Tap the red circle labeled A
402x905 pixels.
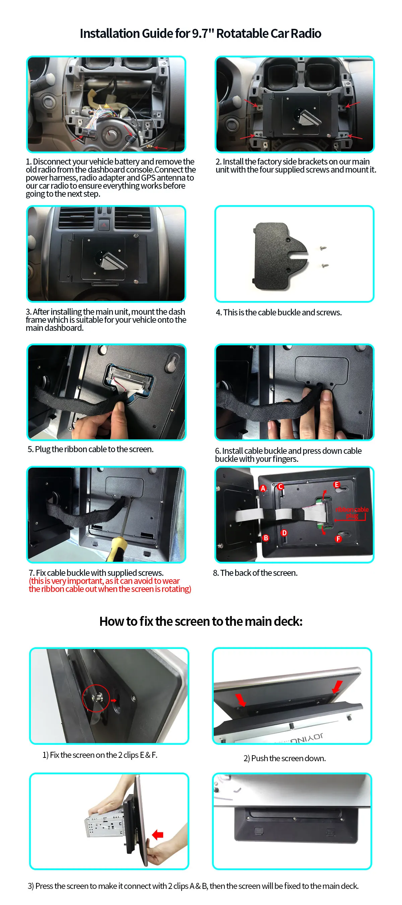pyautogui.click(x=263, y=488)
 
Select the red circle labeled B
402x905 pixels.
pyautogui.click(x=266, y=538)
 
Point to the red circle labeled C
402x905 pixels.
pyautogui.click(x=280, y=487)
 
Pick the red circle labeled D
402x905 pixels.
pyautogui.click(x=284, y=533)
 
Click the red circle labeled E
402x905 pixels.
pyautogui.click(x=336, y=484)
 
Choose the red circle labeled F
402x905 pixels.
pyautogui.click(x=338, y=539)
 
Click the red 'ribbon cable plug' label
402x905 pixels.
pyautogui.click(x=352, y=512)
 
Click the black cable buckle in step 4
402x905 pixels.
pyautogui.click(x=280, y=256)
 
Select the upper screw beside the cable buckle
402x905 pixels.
pyautogui.click(x=323, y=248)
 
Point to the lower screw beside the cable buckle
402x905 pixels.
pyautogui.click(x=325, y=265)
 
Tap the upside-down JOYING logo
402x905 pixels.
pyautogui.click(x=306, y=738)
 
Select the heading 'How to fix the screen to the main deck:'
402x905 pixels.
pyautogui.click(x=201, y=621)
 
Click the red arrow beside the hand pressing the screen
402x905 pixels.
pyautogui.click(x=158, y=834)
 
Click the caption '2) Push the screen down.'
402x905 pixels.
pyautogui.click(x=284, y=758)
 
